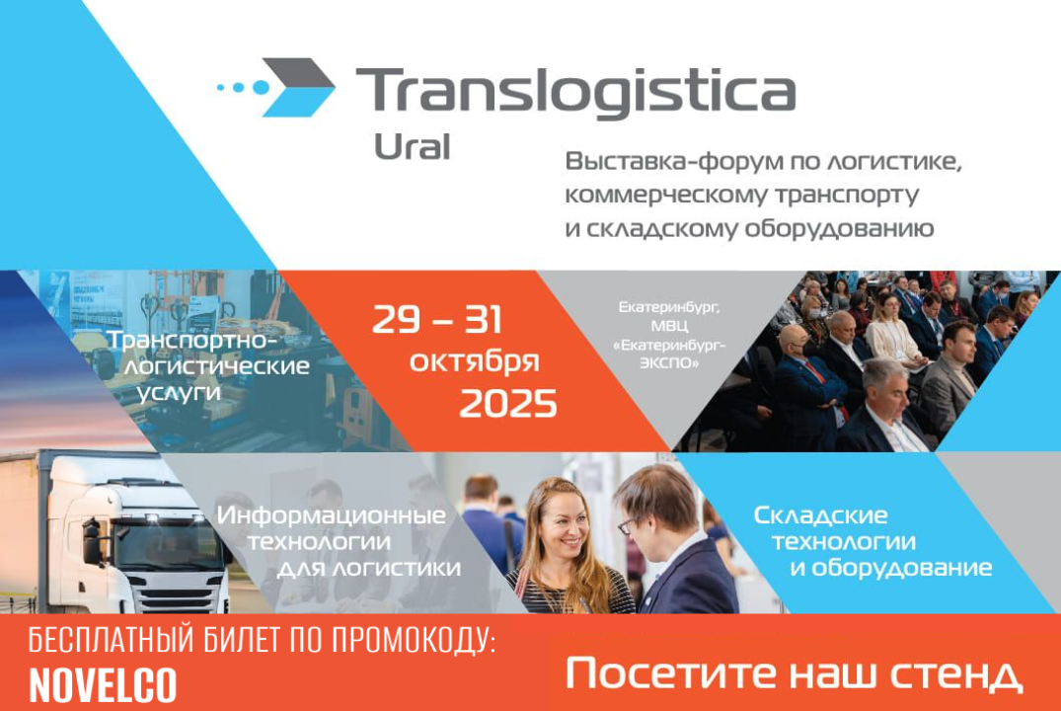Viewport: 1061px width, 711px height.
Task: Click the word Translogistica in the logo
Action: [574, 92]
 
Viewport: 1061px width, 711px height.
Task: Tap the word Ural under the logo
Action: [413, 147]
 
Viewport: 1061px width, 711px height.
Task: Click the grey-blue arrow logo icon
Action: [296, 87]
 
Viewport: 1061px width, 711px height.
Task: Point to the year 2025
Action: [508, 403]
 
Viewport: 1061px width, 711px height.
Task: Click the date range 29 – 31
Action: [437, 320]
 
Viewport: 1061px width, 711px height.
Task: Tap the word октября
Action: [475, 360]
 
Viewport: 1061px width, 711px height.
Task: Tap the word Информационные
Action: [331, 515]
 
